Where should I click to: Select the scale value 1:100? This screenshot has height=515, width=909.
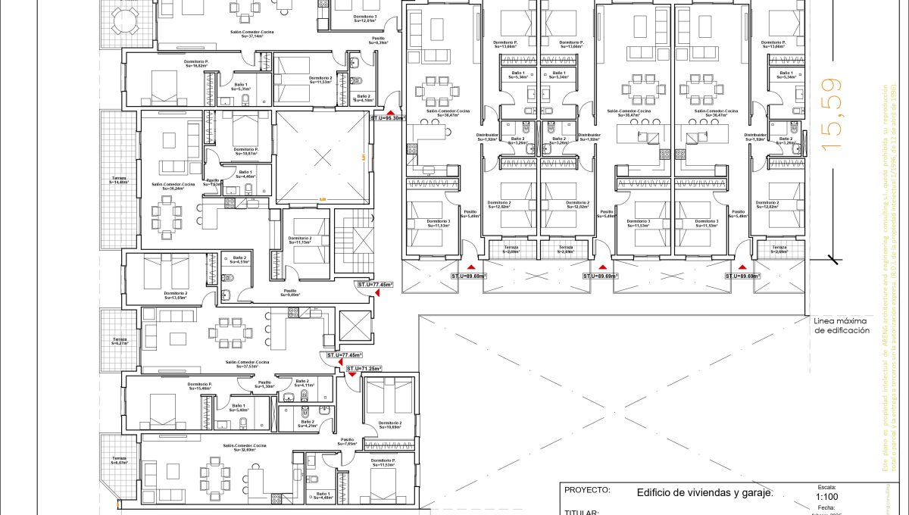[x=826, y=497]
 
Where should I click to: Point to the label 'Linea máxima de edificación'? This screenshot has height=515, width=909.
[x=841, y=326]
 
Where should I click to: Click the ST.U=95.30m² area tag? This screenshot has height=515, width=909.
[x=387, y=118]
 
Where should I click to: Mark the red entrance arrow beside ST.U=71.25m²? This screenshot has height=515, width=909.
[x=352, y=374]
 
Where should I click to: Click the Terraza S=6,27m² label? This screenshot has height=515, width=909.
[x=119, y=341]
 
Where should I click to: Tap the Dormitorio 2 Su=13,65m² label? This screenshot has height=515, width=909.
[x=175, y=295]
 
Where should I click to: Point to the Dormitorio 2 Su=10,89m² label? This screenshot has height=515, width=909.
[x=389, y=425]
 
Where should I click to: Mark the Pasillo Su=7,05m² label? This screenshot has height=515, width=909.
[x=348, y=442]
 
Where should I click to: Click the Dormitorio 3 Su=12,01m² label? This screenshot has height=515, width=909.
[x=355, y=18]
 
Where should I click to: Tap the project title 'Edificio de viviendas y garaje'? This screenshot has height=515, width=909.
[x=704, y=492]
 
